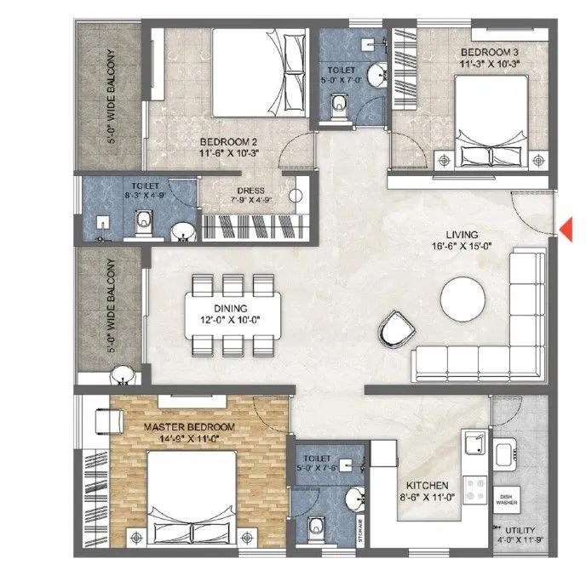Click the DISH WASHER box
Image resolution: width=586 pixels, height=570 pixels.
coord(508,499)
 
